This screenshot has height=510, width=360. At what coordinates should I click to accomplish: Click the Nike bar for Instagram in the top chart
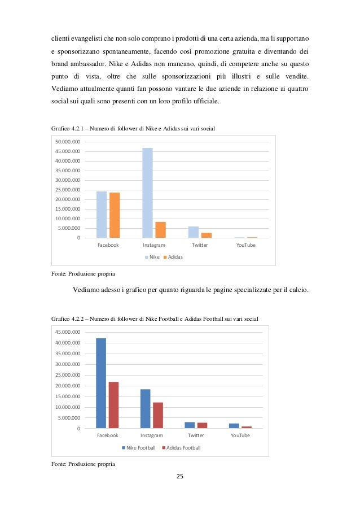point(147,193)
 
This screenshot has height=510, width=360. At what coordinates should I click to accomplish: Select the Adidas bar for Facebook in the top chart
point(115,215)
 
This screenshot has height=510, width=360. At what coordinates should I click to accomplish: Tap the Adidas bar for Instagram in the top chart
point(161,230)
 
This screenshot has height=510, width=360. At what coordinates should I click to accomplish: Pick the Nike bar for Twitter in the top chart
point(193,232)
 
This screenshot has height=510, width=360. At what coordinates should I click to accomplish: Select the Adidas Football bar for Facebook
point(113,405)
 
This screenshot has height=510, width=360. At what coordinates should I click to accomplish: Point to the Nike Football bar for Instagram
point(145,408)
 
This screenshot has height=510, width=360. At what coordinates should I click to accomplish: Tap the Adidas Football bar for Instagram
point(157,415)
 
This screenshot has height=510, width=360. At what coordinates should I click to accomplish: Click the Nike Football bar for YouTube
point(234,425)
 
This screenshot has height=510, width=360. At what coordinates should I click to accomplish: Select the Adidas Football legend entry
point(181,448)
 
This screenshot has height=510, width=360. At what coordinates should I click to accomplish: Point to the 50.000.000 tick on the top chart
point(68,142)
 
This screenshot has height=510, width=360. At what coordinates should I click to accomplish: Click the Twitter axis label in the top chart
point(200,245)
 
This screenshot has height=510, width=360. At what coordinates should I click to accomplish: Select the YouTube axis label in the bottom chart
point(240,435)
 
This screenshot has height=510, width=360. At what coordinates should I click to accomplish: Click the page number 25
point(180,477)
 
